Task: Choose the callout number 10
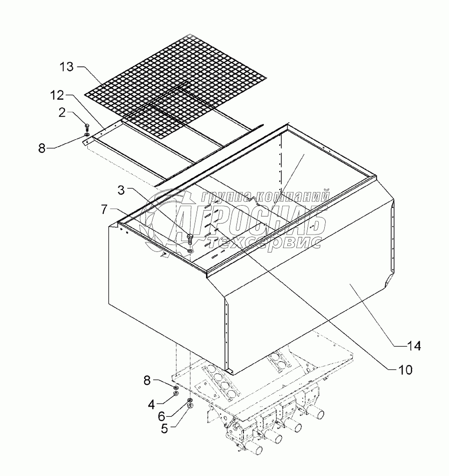click(x=404, y=370)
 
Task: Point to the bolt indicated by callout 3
click(x=190, y=237)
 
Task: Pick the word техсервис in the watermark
click(x=264, y=241)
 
